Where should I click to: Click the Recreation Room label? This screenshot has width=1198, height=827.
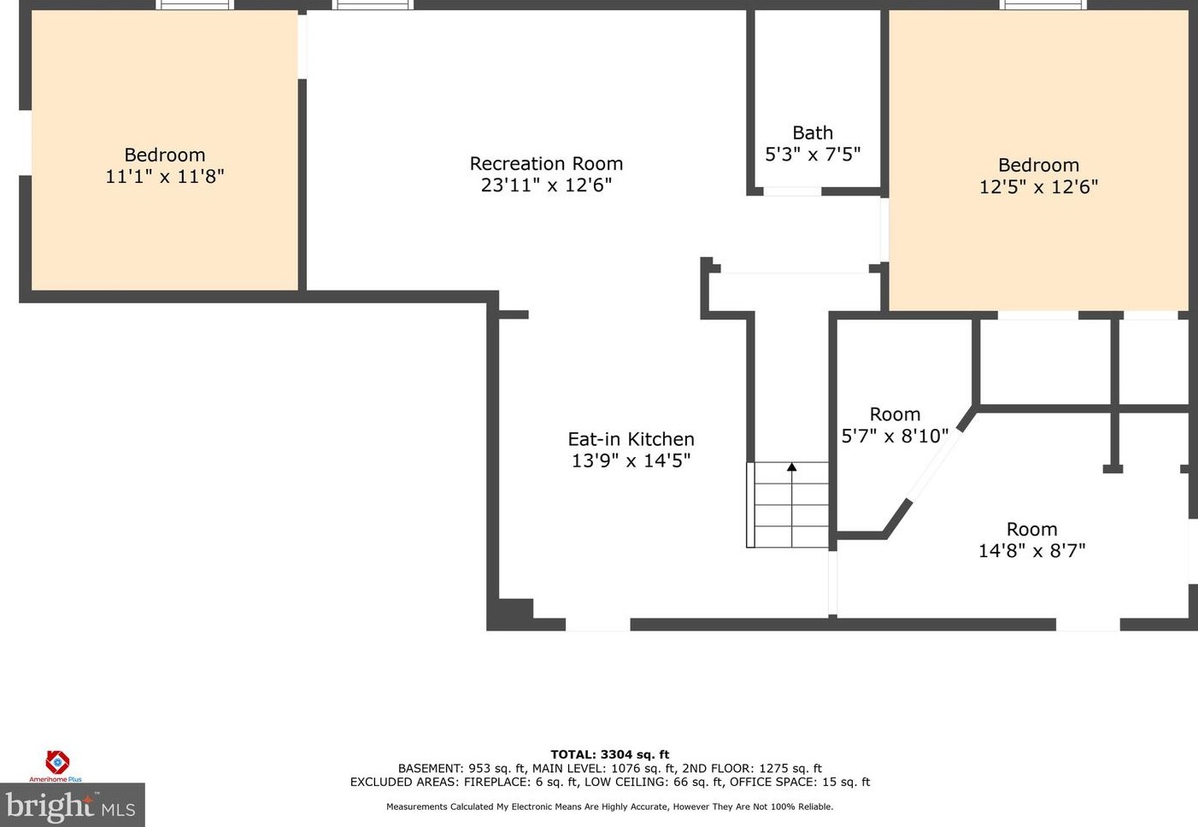(x=546, y=163)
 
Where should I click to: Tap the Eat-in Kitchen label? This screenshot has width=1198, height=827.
(x=631, y=439)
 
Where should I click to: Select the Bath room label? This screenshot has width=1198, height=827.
(x=813, y=132)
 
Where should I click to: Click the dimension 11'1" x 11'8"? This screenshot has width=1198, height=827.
(x=165, y=176)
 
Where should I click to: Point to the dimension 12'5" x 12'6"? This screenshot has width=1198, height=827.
(x=1038, y=187)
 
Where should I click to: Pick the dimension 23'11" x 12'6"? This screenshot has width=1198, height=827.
(x=546, y=185)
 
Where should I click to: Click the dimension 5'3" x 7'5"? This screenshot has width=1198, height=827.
(x=813, y=155)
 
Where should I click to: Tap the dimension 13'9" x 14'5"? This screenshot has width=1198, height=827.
(x=631, y=460)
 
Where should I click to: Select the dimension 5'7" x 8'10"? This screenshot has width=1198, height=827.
(x=895, y=437)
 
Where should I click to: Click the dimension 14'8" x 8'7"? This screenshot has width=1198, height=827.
(x=1031, y=550)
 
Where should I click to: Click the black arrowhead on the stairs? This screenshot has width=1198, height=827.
(x=791, y=467)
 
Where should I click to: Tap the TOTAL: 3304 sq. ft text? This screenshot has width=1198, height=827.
(x=610, y=754)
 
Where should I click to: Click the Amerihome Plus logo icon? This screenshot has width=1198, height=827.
(x=57, y=762)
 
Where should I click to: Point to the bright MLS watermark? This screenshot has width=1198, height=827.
(x=71, y=806)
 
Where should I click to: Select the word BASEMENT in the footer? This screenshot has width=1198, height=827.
(x=430, y=769)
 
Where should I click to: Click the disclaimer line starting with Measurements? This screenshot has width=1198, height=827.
(x=610, y=806)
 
